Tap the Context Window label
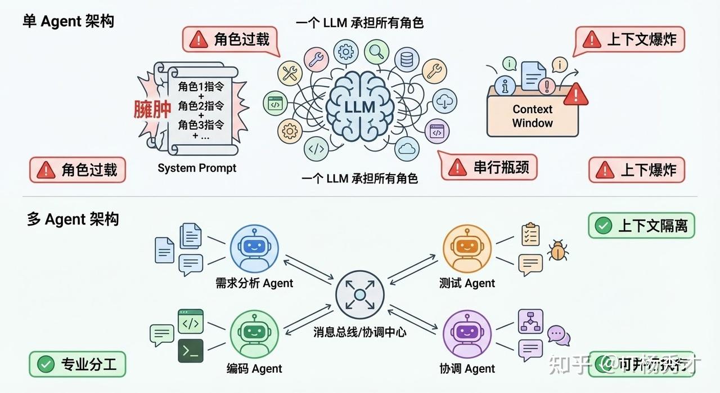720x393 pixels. pyautogui.click(x=532, y=116)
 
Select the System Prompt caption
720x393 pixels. pyautogui.click(x=197, y=168)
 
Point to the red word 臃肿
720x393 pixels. pyautogui.click(x=152, y=109)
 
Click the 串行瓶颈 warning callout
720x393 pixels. pyautogui.click(x=488, y=167)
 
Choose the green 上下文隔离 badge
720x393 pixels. pyautogui.click(x=641, y=226)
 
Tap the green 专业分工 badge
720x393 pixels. pyautogui.click(x=78, y=364)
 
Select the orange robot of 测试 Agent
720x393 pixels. pyautogui.click(x=467, y=247)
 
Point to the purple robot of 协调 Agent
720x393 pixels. pyautogui.click(x=467, y=334)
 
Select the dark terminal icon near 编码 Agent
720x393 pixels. pyautogui.click(x=191, y=350)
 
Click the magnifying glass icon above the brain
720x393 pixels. pyautogui.click(x=376, y=52)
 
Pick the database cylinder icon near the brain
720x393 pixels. pyautogui.click(x=406, y=59)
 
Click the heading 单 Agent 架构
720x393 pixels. pyautogui.click(x=69, y=21)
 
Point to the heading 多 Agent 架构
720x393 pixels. pyautogui.click(x=73, y=219)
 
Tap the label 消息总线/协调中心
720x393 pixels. pyautogui.click(x=360, y=332)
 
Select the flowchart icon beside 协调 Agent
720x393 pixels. pyautogui.click(x=531, y=320)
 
